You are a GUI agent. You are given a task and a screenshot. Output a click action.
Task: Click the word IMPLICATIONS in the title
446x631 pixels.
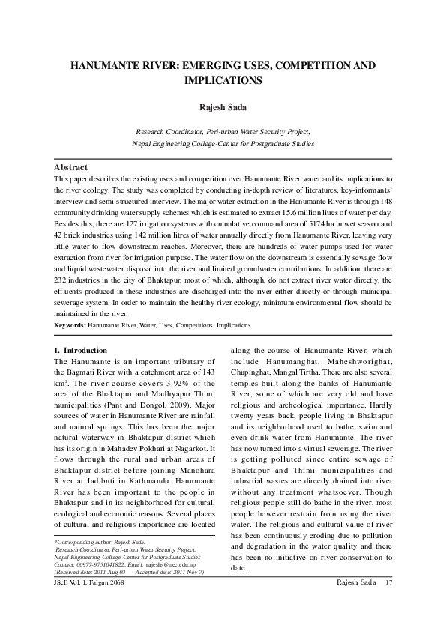pyautogui.click(x=223, y=79)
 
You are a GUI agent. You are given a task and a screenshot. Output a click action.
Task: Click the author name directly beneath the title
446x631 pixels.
pyautogui.click(x=223, y=107)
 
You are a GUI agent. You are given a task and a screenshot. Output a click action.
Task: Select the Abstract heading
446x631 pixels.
pyautogui.click(x=70, y=167)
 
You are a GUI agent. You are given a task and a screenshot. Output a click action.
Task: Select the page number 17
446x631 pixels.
pyautogui.click(x=388, y=582)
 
